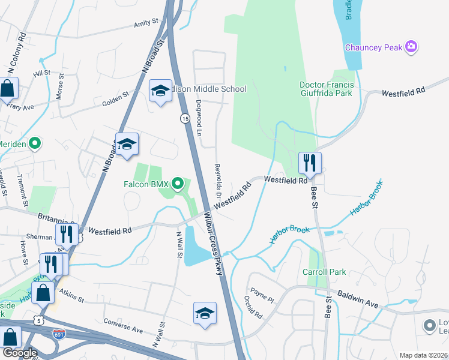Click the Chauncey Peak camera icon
411,47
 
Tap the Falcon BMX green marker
178,183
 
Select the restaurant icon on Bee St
310,163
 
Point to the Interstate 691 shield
59,333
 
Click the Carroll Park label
324,272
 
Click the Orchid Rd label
253,306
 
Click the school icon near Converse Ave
205,314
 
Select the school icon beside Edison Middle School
160,91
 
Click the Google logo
20,352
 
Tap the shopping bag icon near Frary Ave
8,89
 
